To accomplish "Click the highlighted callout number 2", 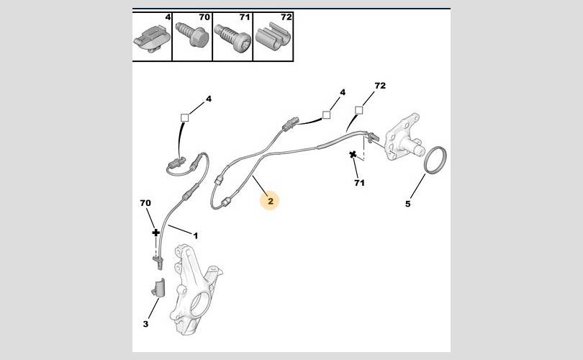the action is click(x=271, y=201).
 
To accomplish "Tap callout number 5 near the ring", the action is click(x=408, y=204).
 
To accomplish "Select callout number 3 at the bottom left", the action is click(x=145, y=324).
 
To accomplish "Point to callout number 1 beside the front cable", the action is click(x=196, y=235).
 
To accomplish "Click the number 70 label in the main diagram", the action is click(x=145, y=203).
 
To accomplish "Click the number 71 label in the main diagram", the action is click(x=360, y=183).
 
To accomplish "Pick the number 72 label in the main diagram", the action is click(x=380, y=86).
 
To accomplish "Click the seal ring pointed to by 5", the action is click(x=435, y=160).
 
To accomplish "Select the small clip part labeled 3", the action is click(x=159, y=287).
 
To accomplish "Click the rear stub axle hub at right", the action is click(x=405, y=136).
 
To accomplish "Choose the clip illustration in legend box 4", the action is click(x=151, y=39).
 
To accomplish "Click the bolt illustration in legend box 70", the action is click(x=192, y=35).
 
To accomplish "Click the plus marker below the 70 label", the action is click(x=155, y=233).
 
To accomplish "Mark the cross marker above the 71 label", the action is click(x=353, y=154).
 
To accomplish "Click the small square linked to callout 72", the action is click(x=359, y=110).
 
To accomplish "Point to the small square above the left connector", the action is click(x=184, y=117).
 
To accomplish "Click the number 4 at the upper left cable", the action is click(x=209, y=99).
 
